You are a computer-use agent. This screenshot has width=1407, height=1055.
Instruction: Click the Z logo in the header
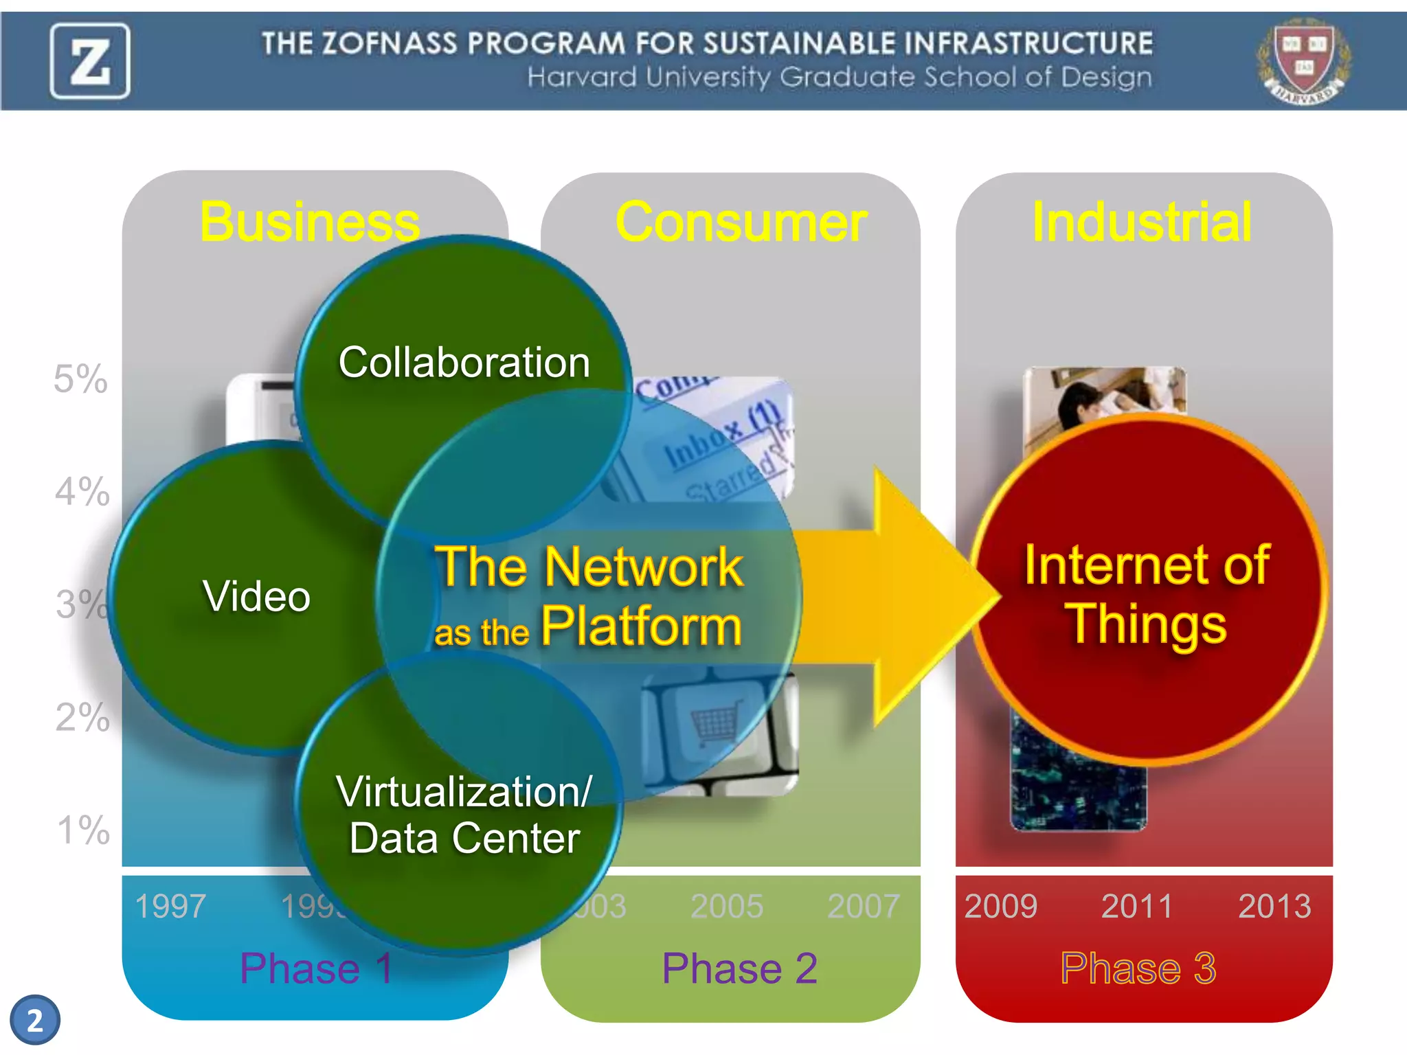[x=89, y=61]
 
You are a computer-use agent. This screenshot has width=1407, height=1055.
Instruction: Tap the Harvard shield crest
[x=1303, y=60]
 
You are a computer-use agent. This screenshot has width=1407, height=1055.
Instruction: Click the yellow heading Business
[x=310, y=222]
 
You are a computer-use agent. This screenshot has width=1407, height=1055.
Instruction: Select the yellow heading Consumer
[x=741, y=222]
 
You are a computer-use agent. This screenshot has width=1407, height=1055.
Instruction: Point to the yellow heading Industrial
[x=1142, y=222]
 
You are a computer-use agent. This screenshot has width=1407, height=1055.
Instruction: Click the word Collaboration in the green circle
[x=464, y=363]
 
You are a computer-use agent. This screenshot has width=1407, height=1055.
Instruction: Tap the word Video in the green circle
[x=256, y=596]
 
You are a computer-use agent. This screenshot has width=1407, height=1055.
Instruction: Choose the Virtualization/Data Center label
[x=464, y=815]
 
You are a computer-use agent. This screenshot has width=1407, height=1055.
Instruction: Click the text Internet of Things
[x=1146, y=593]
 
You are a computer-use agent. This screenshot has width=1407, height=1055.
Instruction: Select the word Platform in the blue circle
[x=641, y=626]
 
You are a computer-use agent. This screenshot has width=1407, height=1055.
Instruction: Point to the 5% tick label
[x=81, y=379]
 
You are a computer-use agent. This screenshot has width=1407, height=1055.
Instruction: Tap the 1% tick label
[x=83, y=830]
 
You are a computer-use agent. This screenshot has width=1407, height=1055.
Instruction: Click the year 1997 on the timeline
[x=170, y=906]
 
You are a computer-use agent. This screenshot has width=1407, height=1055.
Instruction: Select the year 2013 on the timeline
[x=1274, y=906]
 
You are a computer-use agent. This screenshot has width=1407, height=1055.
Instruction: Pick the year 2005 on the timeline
[x=726, y=906]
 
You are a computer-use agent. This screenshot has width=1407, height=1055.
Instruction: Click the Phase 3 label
[x=1138, y=968]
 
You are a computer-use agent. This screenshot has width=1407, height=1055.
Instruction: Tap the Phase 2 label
[x=739, y=968]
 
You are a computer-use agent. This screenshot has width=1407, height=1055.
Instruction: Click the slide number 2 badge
[x=35, y=1020]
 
